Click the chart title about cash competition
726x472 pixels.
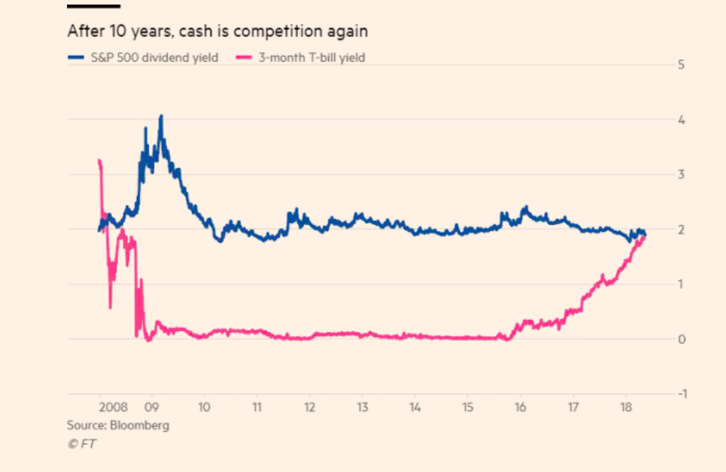click(x=217, y=32)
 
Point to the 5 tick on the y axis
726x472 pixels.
click(x=680, y=65)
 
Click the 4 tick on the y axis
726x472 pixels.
click(x=680, y=120)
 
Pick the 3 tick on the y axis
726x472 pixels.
click(x=680, y=175)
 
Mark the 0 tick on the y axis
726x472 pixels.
click(x=680, y=340)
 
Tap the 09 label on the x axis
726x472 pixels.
click(x=151, y=407)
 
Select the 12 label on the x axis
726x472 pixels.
click(x=309, y=407)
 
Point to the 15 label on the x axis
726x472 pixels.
click(x=467, y=407)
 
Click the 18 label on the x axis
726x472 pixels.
click(x=625, y=407)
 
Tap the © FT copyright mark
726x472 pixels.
click(x=81, y=443)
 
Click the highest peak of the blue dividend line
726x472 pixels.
click(x=161, y=117)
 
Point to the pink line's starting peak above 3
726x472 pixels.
click(x=99, y=161)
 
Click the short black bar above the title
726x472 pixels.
click(x=93, y=6)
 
